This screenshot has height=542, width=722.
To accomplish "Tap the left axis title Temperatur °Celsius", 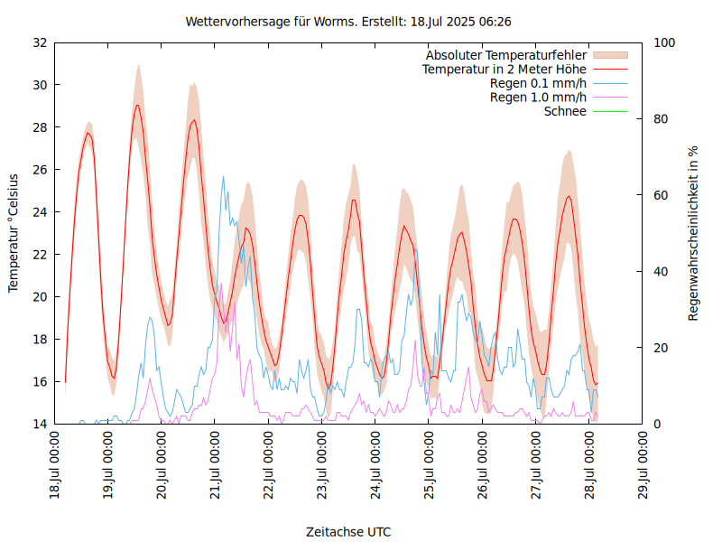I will [14, 233].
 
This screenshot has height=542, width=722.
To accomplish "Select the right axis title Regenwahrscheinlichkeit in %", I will [693, 233].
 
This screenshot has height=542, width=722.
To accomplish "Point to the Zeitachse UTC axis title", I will [348, 531].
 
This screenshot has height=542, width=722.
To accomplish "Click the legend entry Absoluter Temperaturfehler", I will [506, 55].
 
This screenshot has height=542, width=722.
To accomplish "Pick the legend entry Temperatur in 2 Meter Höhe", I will [504, 70].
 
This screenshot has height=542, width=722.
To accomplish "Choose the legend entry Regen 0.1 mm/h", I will [538, 83].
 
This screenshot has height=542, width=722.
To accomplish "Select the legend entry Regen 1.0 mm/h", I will [538, 98].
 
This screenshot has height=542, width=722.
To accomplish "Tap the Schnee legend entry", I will [566, 111].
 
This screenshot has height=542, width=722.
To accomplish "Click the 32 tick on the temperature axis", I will [40, 42].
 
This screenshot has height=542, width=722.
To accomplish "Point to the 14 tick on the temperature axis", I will [40, 424].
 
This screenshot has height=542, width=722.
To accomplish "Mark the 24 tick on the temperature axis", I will [40, 212].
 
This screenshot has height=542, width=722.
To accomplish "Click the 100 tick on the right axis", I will [664, 42].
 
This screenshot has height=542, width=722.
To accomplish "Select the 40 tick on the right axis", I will [661, 271].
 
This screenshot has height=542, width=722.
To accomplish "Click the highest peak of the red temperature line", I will [137, 105].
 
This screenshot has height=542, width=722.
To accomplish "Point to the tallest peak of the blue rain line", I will [224, 176].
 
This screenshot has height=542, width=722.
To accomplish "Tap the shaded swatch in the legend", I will [609, 55].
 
